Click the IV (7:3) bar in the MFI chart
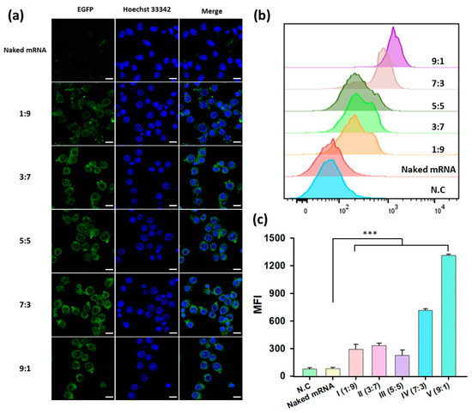tap(425, 343)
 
